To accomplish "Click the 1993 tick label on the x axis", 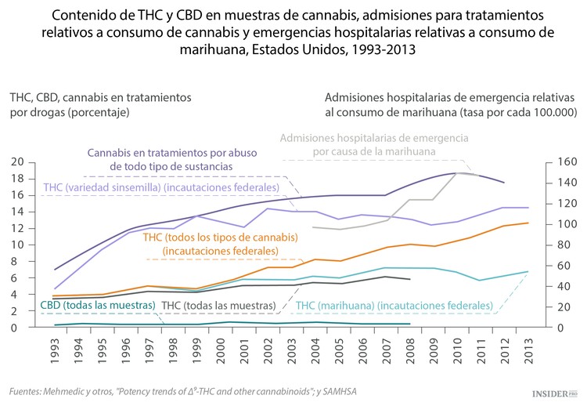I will (55, 348).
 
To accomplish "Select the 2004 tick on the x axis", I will (315, 348).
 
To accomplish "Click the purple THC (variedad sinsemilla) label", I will (160, 188).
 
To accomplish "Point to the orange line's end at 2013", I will (528, 223).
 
